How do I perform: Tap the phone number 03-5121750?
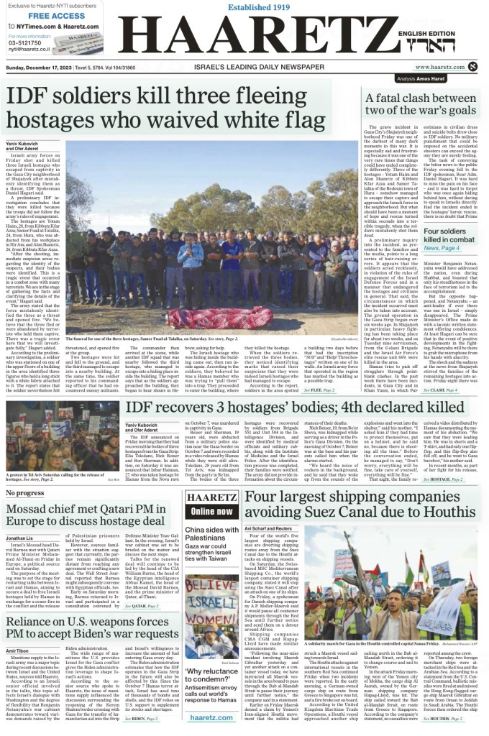click(26, 42)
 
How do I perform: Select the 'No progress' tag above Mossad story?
click(24, 473)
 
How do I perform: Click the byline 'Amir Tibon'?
click(17, 650)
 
